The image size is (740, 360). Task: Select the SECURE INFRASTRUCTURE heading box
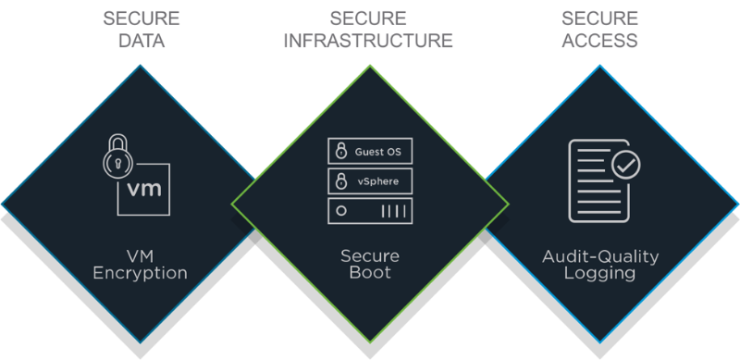point(370,29)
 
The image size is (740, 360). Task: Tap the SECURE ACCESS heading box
point(600,29)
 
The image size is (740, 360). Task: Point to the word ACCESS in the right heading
point(600,41)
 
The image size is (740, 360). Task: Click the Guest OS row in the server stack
point(370,150)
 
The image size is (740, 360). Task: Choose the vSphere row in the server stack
point(370,180)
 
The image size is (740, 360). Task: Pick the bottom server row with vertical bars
point(370,211)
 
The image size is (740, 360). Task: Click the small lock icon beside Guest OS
point(340,150)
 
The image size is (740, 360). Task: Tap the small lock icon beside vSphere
point(340,180)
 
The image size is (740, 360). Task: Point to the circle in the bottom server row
point(341,211)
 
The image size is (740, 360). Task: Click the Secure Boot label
point(369,264)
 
